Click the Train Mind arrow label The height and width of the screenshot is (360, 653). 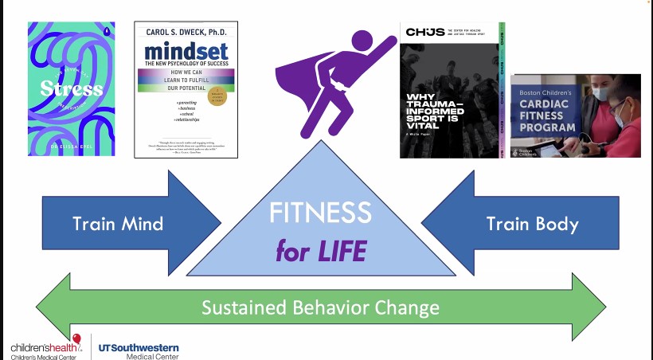[118, 224]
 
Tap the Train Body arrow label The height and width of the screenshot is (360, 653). [532, 224]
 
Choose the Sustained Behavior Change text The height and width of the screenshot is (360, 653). [320, 307]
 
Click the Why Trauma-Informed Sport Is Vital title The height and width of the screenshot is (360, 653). [440, 113]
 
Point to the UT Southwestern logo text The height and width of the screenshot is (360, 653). [138, 348]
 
